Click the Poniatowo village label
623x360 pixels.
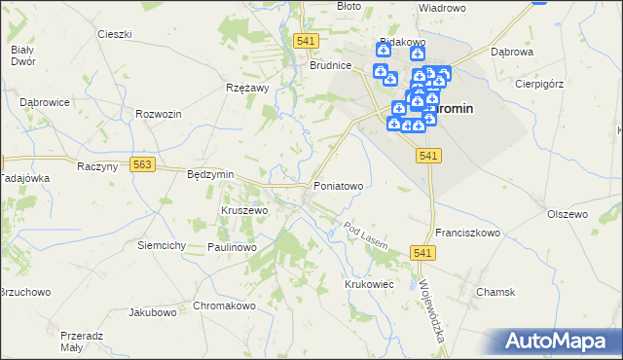[338, 185]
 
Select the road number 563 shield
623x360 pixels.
[143, 165]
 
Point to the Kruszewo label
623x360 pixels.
[244, 210]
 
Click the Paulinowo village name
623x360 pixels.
[231, 248]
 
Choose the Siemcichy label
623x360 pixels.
[162, 245]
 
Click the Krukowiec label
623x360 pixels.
[368, 283]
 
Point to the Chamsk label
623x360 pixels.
[495, 292]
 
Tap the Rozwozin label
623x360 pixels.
[160, 114]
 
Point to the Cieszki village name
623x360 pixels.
[115, 34]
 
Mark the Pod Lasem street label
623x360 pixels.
[366, 234]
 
